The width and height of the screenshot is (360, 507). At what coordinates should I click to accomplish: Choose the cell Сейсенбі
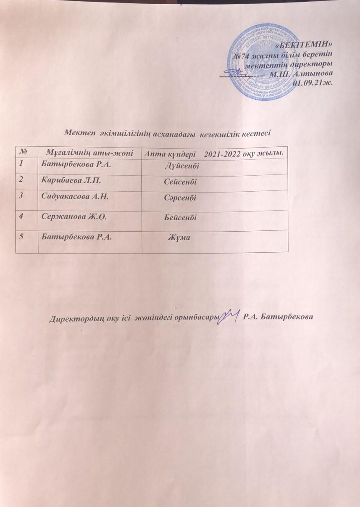(x=181, y=182)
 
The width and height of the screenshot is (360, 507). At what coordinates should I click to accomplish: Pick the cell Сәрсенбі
(x=181, y=197)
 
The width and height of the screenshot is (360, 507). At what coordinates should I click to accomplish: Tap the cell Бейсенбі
(x=181, y=217)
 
